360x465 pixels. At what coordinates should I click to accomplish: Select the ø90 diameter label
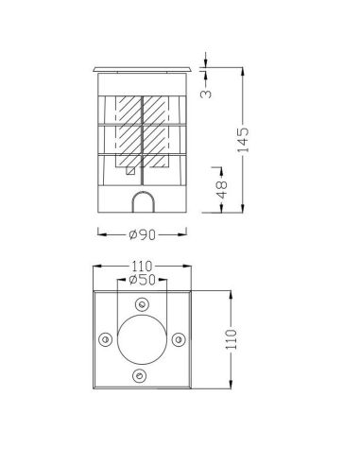click(141, 234)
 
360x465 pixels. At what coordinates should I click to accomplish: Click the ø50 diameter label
click(141, 282)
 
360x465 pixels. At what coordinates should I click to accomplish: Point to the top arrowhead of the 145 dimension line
click(245, 69)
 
